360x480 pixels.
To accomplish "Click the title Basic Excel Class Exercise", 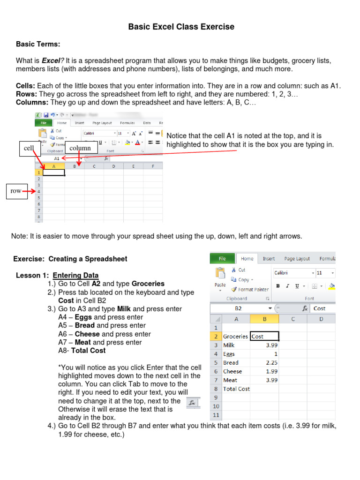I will click(x=181, y=27).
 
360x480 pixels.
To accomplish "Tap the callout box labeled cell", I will click(x=30, y=148).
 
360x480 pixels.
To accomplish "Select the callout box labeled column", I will click(x=81, y=148).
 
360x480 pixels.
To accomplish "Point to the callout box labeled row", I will click(x=16, y=191).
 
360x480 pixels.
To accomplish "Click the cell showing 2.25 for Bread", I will click(x=264, y=362).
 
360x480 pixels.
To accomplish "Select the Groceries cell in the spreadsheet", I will click(x=235, y=336).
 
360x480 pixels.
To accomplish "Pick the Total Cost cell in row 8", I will click(x=236, y=389).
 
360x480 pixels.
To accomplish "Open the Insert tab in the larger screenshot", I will click(x=269, y=258).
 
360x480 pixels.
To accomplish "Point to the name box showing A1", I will click(x=56, y=158).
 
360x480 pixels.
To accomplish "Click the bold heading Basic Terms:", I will click(x=38, y=44).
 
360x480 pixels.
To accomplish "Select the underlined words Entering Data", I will click(x=75, y=275).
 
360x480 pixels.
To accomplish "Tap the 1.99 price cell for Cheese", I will click(x=264, y=371).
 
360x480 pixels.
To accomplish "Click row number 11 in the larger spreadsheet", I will click(x=216, y=415).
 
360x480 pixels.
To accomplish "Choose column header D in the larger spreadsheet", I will click(x=321, y=319).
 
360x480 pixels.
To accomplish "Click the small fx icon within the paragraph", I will click(x=192, y=403).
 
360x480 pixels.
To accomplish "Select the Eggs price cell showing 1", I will click(x=264, y=354).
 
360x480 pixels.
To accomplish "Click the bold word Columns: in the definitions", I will click(x=32, y=102).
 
